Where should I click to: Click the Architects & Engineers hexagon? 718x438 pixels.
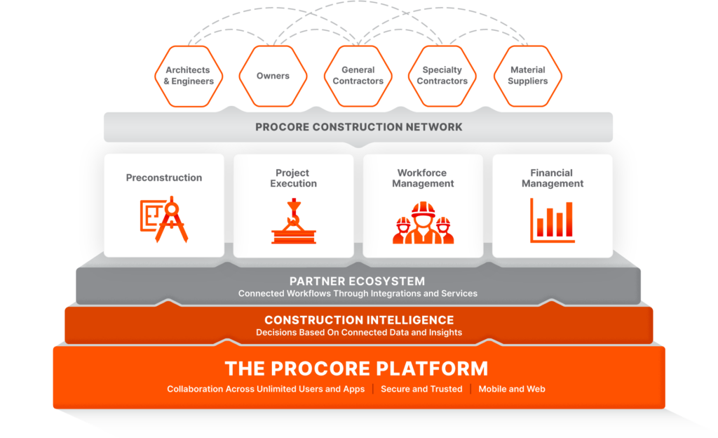point(189,76)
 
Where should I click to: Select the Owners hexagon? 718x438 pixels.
point(273,76)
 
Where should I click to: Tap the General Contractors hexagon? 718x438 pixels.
point(358,76)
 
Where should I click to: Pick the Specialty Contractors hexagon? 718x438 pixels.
point(442,76)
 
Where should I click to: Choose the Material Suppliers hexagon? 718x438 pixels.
point(528,76)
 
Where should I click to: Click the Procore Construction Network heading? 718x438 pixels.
point(359,127)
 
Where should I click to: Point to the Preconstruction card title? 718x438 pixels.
point(164,178)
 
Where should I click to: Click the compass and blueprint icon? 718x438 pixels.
point(164,220)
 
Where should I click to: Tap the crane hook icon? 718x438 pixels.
point(294,221)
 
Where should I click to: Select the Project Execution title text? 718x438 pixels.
point(293,178)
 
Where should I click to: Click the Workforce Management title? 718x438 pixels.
point(423,178)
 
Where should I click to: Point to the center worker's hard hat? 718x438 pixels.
point(423,209)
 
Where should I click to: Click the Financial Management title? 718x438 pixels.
point(553,178)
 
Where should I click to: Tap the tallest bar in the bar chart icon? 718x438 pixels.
point(569,219)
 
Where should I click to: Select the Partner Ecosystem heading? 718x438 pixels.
point(357,281)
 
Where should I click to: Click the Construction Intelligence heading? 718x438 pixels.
point(359,320)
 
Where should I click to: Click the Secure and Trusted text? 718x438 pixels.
point(421,389)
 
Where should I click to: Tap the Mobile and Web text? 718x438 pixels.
point(512,389)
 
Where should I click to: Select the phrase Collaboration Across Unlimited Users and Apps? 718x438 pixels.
point(266,389)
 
